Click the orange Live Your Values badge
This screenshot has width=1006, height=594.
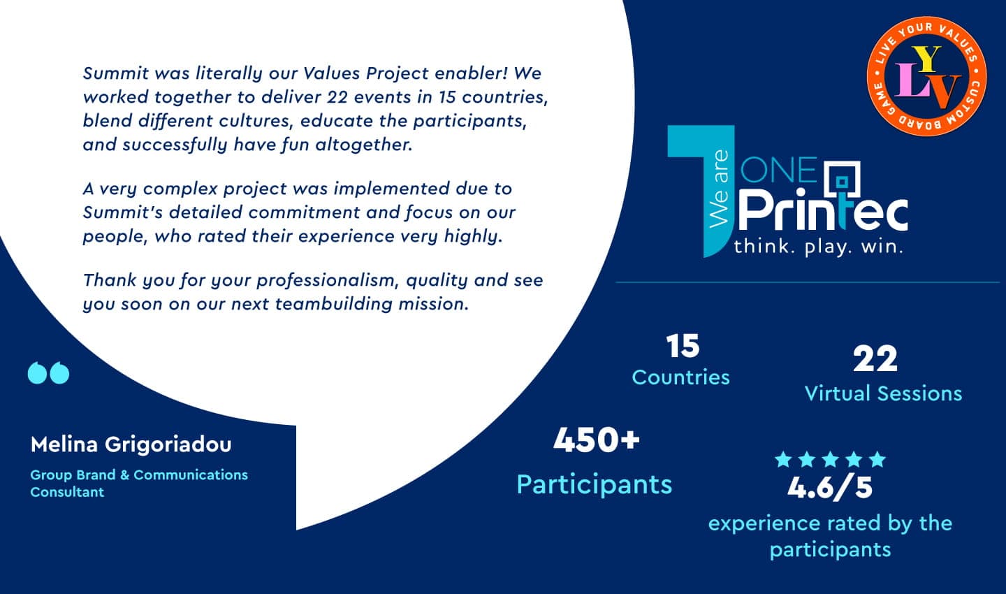926,76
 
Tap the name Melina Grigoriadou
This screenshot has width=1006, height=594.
131,444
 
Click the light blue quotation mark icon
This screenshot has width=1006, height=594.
48,372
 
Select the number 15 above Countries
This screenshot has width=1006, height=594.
683,346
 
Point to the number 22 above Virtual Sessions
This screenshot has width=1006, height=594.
875,359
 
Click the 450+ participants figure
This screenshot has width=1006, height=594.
597,440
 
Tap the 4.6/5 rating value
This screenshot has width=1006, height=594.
830,488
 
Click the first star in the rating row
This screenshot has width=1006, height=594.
783,459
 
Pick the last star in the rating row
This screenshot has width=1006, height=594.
877,459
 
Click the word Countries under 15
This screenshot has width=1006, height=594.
681,377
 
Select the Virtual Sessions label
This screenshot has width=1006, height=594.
883,393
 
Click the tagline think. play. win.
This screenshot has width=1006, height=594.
818,247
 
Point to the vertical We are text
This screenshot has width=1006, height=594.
719,189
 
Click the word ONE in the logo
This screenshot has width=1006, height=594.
778,170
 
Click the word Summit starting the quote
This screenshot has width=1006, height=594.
115,73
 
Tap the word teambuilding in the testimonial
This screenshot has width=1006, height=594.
334,304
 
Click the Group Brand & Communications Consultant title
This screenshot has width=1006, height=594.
139,484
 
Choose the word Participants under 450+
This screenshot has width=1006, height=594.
594,485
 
